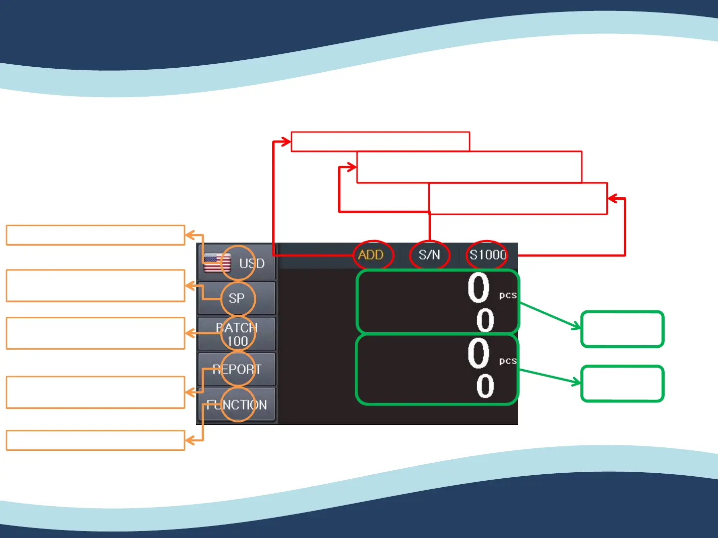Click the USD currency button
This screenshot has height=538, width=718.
pyautogui.click(x=237, y=263)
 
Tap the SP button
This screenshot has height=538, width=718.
pyautogui.click(x=237, y=298)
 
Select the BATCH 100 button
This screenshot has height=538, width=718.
pyautogui.click(x=237, y=334)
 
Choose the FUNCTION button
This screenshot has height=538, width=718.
pyautogui.click(x=237, y=405)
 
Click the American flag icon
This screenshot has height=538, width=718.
pyautogui.click(x=217, y=263)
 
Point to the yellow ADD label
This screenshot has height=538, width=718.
pyautogui.click(x=371, y=255)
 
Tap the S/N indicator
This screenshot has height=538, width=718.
pyautogui.click(x=429, y=255)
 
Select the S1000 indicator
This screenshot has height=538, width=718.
pyautogui.click(x=488, y=255)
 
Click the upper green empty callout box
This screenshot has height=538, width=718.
pyautogui.click(x=622, y=329)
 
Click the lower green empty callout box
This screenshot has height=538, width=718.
pyautogui.click(x=622, y=384)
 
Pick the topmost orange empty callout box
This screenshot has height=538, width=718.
pyautogui.click(x=95, y=235)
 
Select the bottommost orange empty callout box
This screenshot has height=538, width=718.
pyautogui.click(x=95, y=440)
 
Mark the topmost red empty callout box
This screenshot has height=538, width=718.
pyautogui.click(x=380, y=141)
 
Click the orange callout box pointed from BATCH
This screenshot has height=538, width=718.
pyautogui.click(x=95, y=333)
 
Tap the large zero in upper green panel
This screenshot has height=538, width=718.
pyautogui.click(x=479, y=288)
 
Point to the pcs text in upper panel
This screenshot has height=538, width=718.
pyautogui.click(x=508, y=295)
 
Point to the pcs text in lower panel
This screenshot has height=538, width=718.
pyautogui.click(x=508, y=361)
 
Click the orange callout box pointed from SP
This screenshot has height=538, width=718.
pyautogui.click(x=95, y=285)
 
